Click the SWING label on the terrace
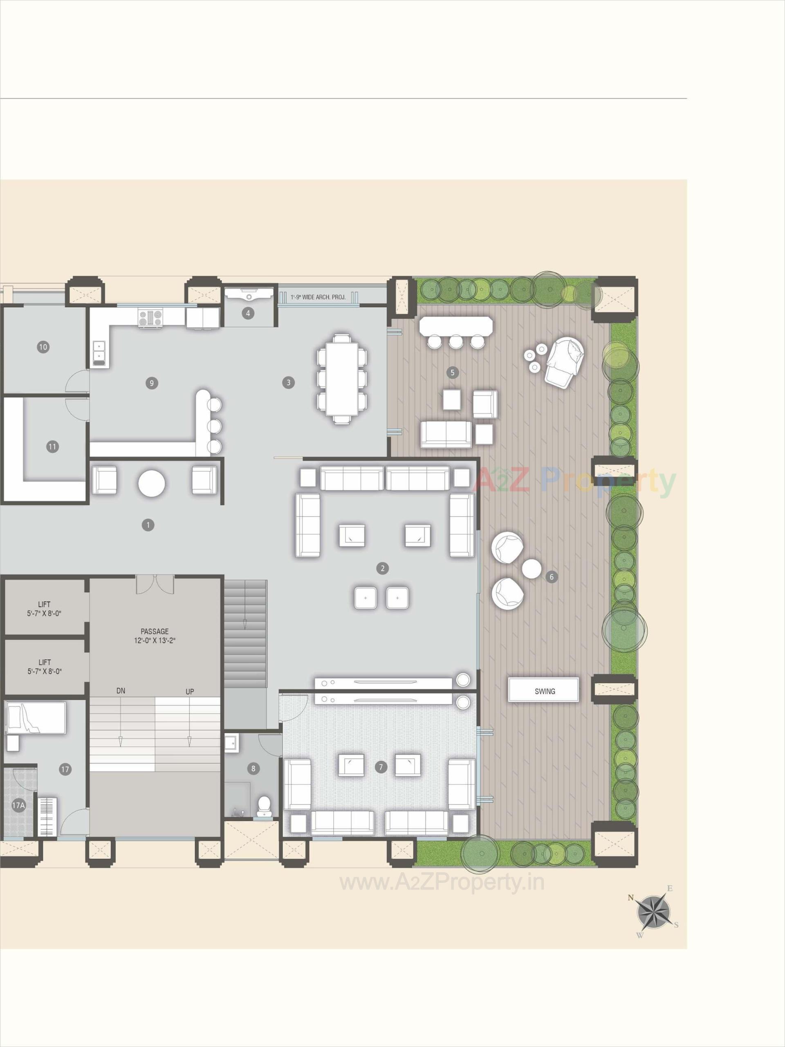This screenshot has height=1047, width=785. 544,691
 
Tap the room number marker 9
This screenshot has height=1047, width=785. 151,383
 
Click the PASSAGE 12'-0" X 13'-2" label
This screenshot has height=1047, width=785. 154,636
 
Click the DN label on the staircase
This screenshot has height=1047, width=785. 121,691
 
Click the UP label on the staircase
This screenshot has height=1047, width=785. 189,692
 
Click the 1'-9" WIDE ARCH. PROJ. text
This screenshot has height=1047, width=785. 318,297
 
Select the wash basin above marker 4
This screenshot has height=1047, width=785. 249,294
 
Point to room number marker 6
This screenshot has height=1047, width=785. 551,577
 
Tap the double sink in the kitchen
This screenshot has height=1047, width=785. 99,353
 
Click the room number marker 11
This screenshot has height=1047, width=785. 52,446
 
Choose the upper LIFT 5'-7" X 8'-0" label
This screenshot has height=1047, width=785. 45,609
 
